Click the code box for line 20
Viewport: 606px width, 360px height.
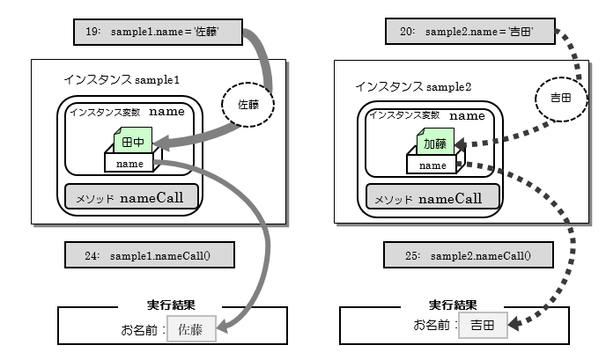pos(473,33)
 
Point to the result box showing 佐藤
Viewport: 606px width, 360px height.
pos(191,331)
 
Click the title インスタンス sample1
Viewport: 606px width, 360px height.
pos(122,79)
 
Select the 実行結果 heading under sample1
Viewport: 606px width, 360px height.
pos(170,305)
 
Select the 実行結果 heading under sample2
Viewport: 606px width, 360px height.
pos(453,305)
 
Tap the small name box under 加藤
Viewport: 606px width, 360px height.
pos(432,164)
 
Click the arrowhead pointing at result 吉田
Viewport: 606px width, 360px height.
pos(514,327)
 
